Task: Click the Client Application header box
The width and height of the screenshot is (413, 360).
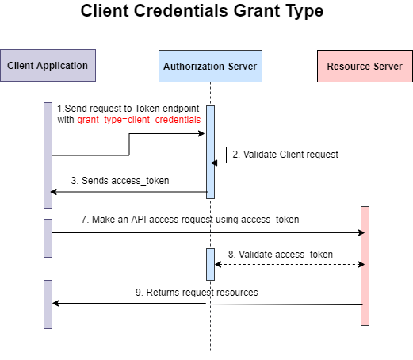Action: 48,67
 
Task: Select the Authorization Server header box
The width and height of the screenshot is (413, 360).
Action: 210,67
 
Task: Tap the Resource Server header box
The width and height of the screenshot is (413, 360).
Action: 365,67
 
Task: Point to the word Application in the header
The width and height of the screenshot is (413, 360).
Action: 64,66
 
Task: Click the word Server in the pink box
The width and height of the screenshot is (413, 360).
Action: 388,67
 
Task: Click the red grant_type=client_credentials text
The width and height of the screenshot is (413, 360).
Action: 139,120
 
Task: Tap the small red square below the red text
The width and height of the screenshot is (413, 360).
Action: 151,128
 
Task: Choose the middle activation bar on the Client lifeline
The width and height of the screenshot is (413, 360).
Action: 48,238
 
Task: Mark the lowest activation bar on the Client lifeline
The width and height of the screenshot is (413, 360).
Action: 48,305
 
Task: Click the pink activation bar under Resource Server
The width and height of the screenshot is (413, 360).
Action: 365,266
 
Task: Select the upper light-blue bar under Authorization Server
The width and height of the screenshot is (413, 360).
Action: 210,151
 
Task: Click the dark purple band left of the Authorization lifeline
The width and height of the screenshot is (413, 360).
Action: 127,243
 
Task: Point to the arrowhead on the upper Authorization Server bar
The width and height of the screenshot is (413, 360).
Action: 212,163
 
